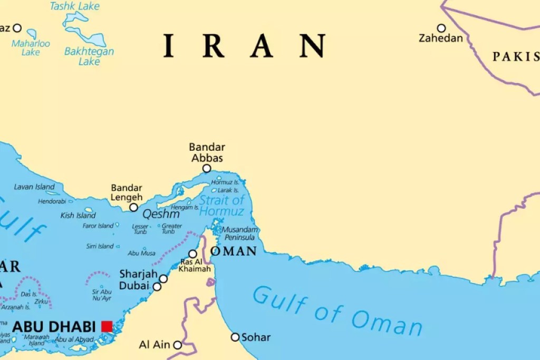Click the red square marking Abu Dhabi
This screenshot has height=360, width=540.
pos(107,326)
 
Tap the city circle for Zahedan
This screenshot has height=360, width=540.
pos(441,28)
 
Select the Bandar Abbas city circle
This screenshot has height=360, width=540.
pos(207,169)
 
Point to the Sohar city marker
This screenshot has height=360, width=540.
pos(235,337)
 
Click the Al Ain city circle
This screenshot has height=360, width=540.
pos(178,345)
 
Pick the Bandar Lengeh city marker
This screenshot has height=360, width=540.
pos(134,207)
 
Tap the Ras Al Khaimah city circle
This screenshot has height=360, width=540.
pos(193,254)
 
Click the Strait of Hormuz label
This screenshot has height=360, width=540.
pos(222,206)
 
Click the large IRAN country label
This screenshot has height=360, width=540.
pos(244,46)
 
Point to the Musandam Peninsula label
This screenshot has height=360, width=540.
pos(240,233)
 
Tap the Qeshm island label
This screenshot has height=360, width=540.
pos(161,215)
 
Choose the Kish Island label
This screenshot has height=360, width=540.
pos(78,215)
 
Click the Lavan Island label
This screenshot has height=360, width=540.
pos(34,187)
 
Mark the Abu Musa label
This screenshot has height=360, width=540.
pos(142,253)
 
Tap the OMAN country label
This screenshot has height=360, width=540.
pos(234,251)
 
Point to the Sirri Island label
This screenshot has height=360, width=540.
pos(100,246)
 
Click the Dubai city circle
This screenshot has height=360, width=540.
pos(157,287)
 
